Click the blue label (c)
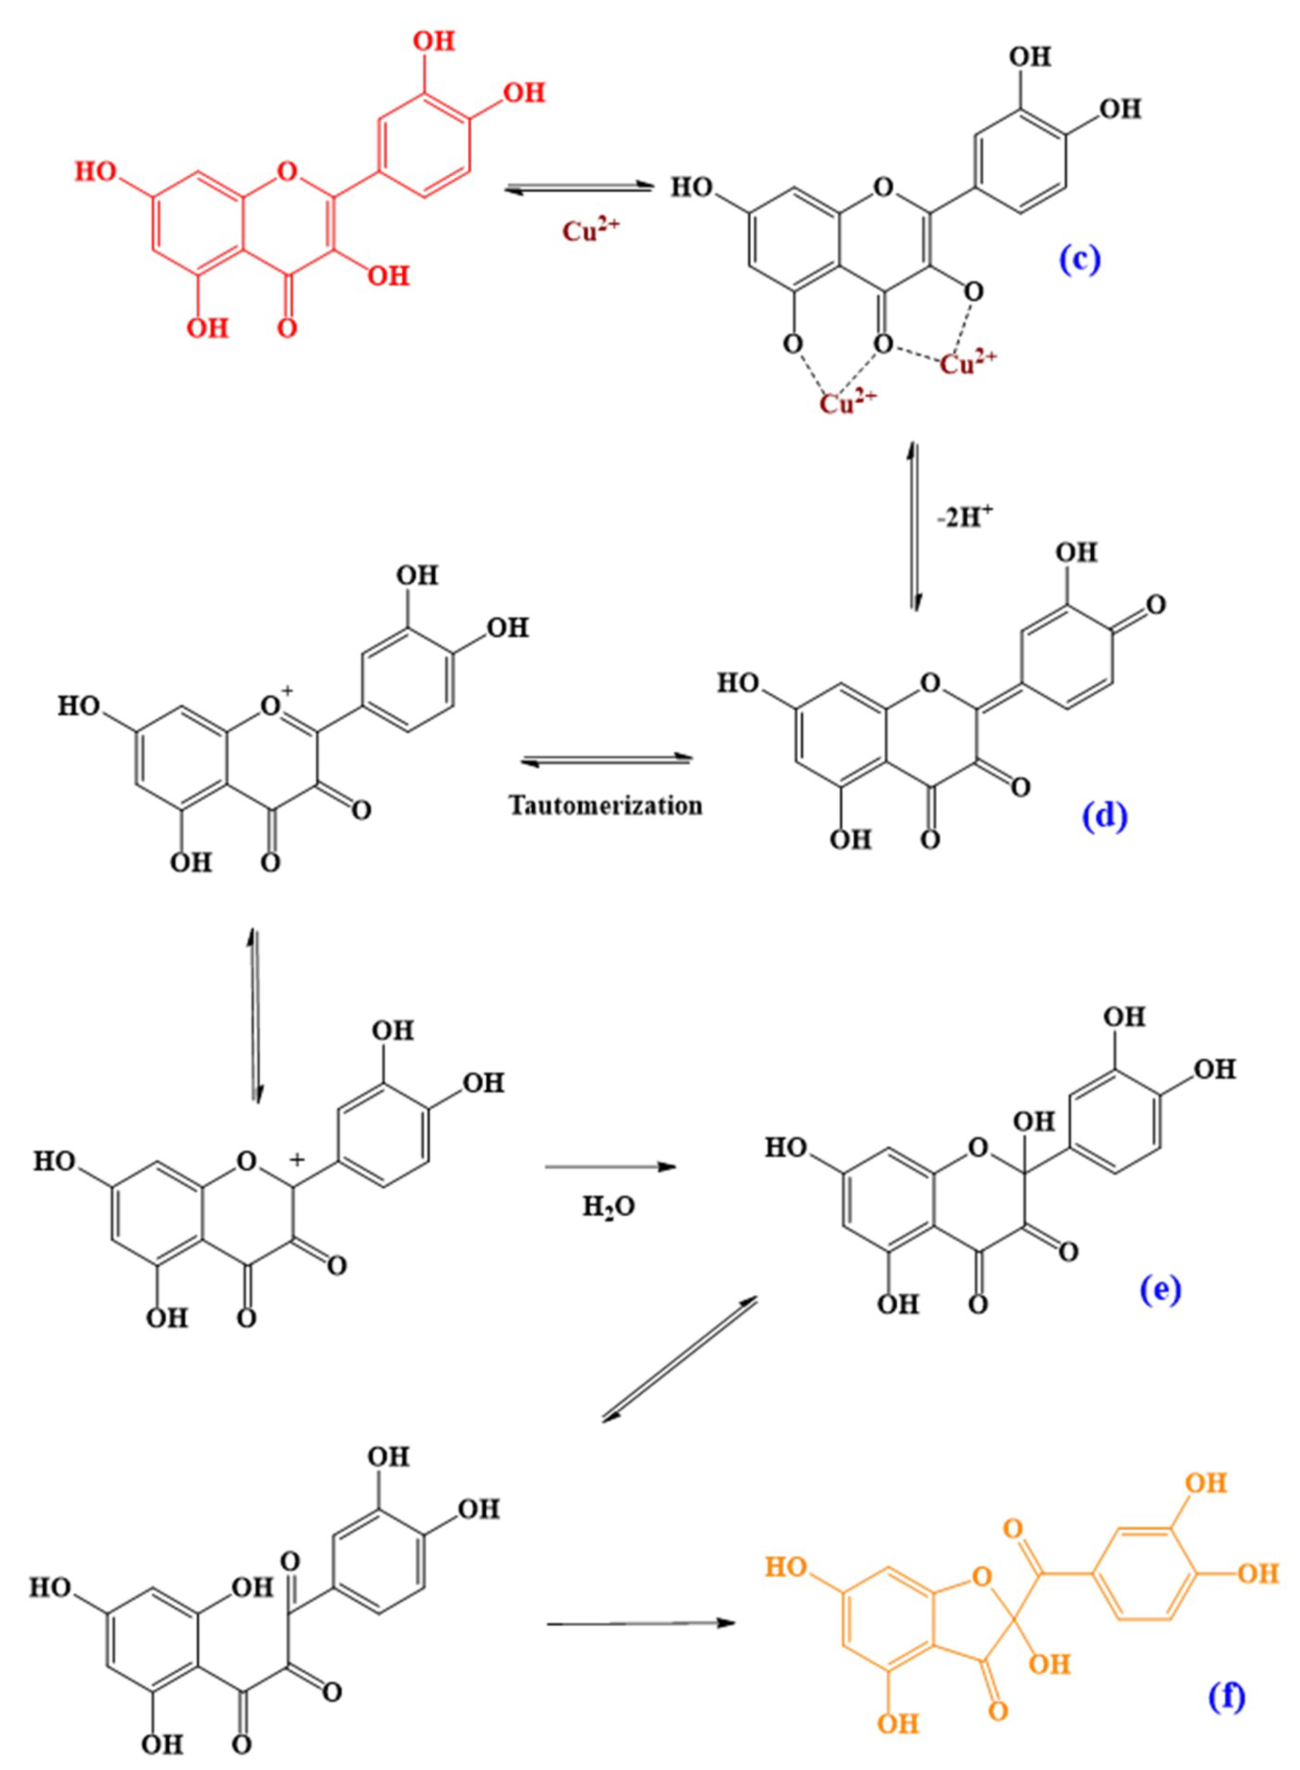tap(1080, 260)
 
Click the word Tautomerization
tap(605, 805)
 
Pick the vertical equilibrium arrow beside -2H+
tap(914, 526)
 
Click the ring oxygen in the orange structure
tap(980, 1575)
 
